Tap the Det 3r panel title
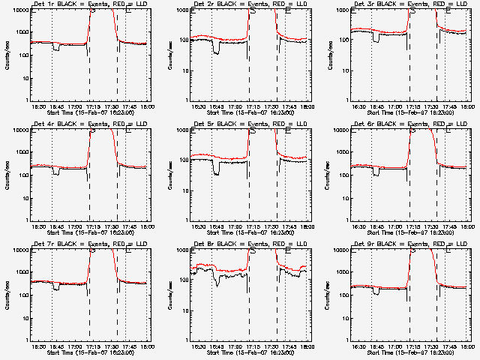[x=409, y=5]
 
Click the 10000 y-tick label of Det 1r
[x=19, y=10]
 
